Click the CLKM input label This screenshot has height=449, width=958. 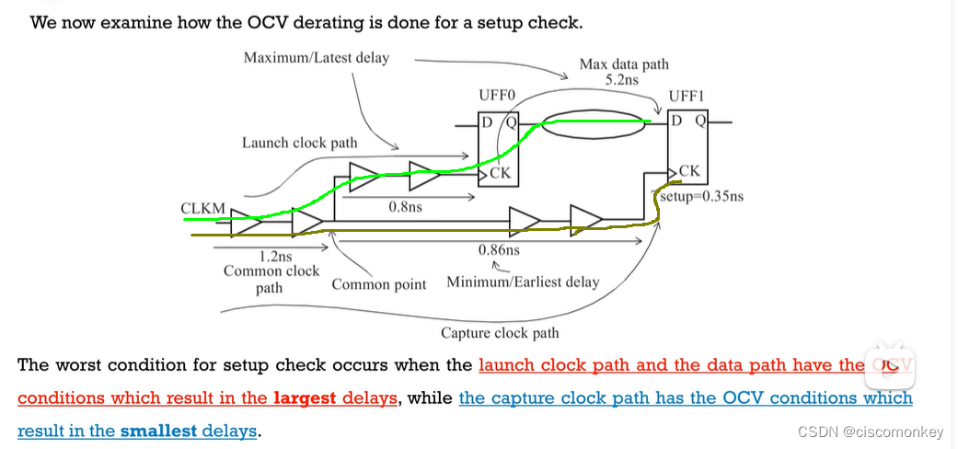(202, 209)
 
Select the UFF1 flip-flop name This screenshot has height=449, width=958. (687, 96)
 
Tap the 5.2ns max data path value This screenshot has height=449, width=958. (622, 80)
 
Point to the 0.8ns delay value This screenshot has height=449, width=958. (405, 207)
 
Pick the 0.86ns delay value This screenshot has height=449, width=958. (499, 249)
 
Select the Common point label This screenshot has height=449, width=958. (379, 284)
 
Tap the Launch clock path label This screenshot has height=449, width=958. (300, 143)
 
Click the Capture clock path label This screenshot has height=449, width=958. (500, 333)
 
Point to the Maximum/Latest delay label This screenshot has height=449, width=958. (316, 58)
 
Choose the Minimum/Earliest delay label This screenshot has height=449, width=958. (523, 282)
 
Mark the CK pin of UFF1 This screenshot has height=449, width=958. (689, 171)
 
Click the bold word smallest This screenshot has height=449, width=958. (158, 430)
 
